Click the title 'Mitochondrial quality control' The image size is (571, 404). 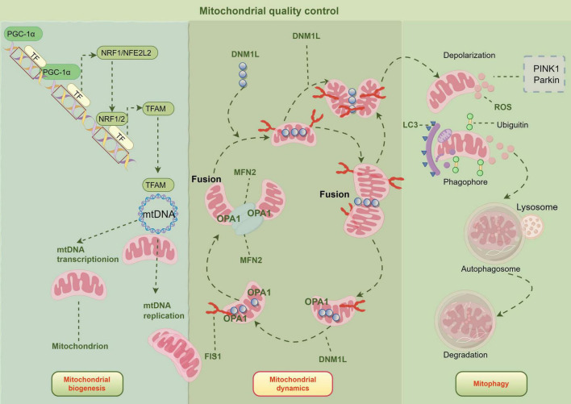pos(269,11)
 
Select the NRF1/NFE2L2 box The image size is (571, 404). pos(127,52)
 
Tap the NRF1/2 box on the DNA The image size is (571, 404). pos(112,119)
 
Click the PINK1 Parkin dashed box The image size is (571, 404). pos(544,74)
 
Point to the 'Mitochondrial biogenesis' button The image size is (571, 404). pos(87,384)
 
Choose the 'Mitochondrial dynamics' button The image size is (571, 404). pos(293,384)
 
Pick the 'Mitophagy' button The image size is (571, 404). pos(491,384)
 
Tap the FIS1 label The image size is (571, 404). pos(213,356)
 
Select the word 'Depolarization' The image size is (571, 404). pos(469,56)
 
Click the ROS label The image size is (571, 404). pos(502,107)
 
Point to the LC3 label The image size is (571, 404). pos(411,125)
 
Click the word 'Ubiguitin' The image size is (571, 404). pos(512,125)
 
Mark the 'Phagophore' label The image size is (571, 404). pos(465,181)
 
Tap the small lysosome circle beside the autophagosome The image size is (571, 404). pos(532,224)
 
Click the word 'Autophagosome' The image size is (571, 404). pos(490,269)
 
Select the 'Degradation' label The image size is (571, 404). pos(465,355)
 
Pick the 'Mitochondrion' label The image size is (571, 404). pos(80,346)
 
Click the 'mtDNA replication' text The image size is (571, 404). pos(164,310)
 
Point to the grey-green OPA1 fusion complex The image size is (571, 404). pos(246,219)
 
